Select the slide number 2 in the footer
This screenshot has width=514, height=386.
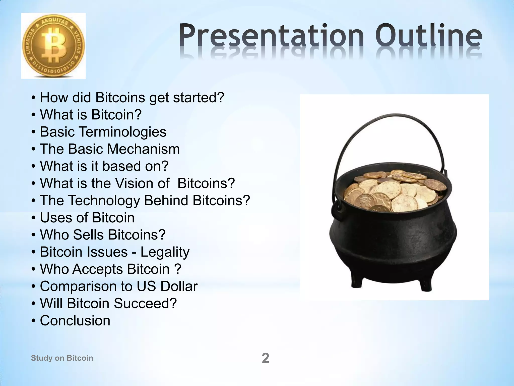pos(265,358)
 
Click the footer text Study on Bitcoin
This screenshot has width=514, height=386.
pos(62,358)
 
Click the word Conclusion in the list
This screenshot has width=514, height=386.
pos(75,321)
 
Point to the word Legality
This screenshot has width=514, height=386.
pos(165,252)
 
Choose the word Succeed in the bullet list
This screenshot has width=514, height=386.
pos(145,303)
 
